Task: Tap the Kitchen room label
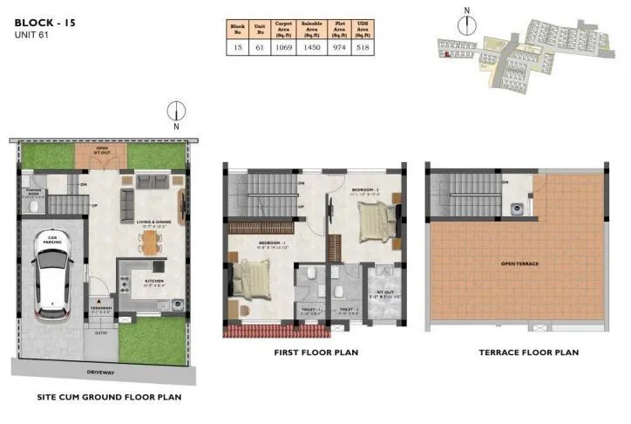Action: tap(154, 281)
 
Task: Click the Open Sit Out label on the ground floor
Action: tap(103, 149)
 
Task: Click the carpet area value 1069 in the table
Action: tap(283, 49)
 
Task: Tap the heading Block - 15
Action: tap(44, 20)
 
